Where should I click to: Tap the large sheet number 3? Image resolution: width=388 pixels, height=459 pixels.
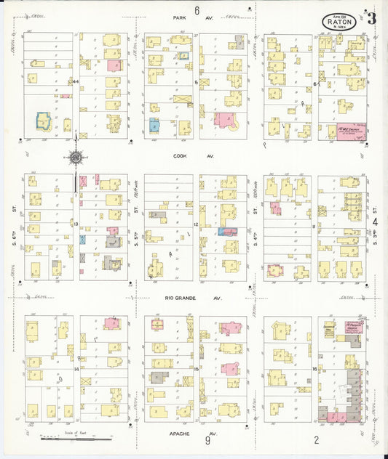point(371,19)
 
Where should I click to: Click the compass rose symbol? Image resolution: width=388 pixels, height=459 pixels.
point(76,156)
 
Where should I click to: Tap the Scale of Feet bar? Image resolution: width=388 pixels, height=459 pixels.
point(76,437)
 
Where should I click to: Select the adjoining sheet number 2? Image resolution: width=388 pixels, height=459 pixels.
point(316,439)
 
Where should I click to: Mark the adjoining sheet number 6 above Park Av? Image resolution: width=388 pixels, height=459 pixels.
point(197,9)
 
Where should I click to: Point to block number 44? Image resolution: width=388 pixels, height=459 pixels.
point(76,82)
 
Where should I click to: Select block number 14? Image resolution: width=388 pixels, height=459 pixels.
point(76,370)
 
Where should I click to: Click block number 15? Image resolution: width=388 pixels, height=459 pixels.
point(197,370)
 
